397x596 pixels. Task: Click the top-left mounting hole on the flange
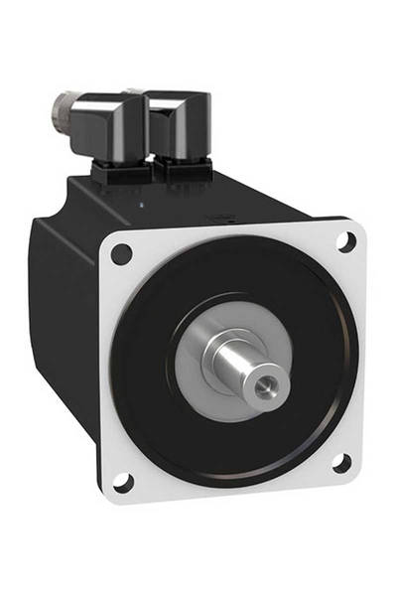[x=121, y=253]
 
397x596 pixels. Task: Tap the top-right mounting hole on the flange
[x=345, y=240]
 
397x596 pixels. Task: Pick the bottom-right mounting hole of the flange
[x=340, y=463]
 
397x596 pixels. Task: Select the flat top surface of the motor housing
[x=198, y=204]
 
